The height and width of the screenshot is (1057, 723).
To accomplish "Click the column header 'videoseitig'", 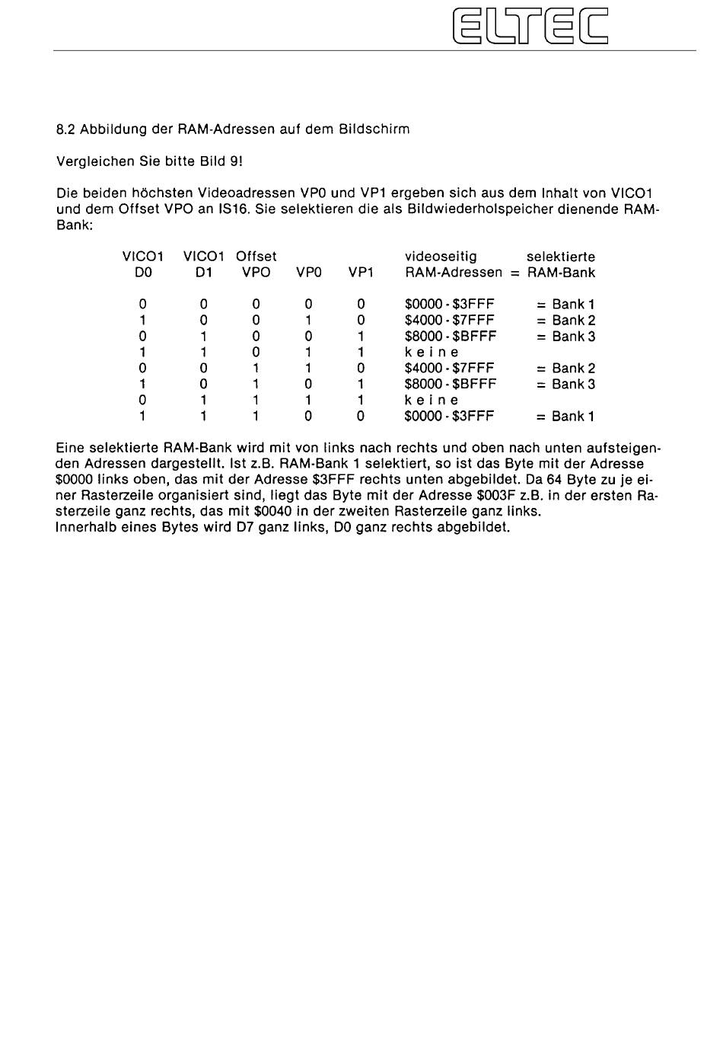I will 441,257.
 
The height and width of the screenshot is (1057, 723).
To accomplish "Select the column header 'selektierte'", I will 561,257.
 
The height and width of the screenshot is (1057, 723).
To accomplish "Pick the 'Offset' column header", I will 256,257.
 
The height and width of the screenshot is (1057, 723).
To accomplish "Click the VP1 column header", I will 361,273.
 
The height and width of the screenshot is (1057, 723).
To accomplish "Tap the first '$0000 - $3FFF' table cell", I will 449,305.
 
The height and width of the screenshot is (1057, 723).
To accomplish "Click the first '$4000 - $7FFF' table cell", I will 449,321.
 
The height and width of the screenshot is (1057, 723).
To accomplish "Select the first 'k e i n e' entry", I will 432,353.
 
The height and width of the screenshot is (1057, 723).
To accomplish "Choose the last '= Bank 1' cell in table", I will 565,417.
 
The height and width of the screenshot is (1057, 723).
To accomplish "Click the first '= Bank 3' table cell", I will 565,337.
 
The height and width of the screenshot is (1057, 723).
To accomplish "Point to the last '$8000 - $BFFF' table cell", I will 450,385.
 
